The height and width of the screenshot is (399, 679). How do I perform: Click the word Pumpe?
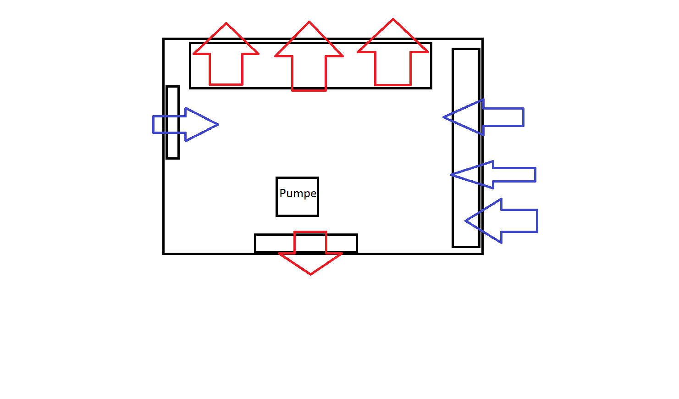click(298, 194)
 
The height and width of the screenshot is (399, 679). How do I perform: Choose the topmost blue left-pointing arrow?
click(486, 117)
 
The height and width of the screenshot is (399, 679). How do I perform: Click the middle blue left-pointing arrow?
click(495, 175)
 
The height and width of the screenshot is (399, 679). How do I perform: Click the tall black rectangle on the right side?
click(466, 147)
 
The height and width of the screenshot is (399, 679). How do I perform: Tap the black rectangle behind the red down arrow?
click(270, 243)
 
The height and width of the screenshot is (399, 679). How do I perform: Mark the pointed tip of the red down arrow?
click(310, 274)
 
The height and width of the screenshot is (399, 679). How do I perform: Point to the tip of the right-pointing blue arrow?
click(218, 124)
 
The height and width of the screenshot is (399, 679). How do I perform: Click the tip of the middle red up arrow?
click(309, 22)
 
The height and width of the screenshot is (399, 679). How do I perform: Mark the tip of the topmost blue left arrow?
click(444, 117)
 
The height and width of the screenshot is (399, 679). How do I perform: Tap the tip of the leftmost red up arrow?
click(226, 23)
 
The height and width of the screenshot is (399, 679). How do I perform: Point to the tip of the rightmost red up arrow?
click(393, 20)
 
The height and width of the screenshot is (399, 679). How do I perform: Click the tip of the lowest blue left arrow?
click(466, 221)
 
